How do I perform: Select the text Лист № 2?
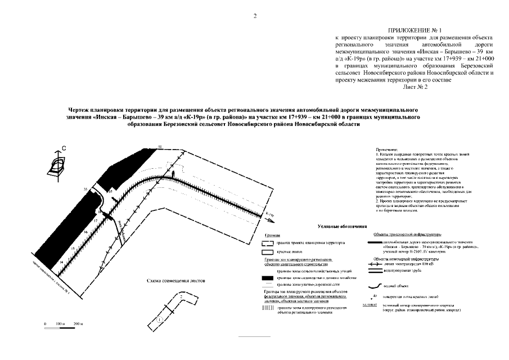pyautogui.click(x=415, y=87)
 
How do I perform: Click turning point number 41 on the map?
pyautogui.click(x=160, y=146)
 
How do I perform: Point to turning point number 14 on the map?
pyautogui.click(x=61, y=262)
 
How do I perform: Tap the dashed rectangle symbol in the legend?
pyautogui.click(x=268, y=243)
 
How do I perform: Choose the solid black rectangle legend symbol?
pyautogui.click(x=268, y=278)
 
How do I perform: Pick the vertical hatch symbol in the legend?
pyautogui.click(x=268, y=308)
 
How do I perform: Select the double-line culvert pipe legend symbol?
pyautogui.click(x=373, y=271)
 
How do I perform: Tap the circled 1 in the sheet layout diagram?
pyautogui.click(x=160, y=319)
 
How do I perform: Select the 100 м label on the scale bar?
pyautogui.click(x=61, y=325)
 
